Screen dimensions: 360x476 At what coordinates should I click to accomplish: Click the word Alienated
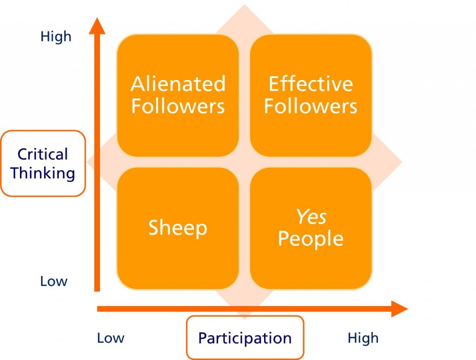pyautogui.click(x=178, y=84)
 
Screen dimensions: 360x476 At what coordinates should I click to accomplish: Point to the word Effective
pyautogui.click(x=311, y=84)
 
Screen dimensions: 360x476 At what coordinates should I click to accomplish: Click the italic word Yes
pyautogui.click(x=311, y=217)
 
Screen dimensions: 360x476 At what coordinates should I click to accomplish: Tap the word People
pyautogui.click(x=311, y=239)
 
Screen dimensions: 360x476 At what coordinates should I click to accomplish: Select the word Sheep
pyautogui.click(x=178, y=228)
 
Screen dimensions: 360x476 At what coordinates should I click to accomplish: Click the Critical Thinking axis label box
pyautogui.click(x=43, y=163)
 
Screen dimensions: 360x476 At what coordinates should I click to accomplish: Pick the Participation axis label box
pyautogui.click(x=245, y=338)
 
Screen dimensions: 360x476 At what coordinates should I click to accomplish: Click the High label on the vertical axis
pyautogui.click(x=56, y=36)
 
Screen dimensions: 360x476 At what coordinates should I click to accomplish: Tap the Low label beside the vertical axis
pyautogui.click(x=53, y=281)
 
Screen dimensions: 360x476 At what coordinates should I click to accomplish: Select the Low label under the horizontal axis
pyautogui.click(x=110, y=338)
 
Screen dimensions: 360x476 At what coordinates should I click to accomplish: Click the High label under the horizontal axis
pyautogui.click(x=363, y=338)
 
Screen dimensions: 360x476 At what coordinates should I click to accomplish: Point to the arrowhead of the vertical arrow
pyautogui.click(x=97, y=26)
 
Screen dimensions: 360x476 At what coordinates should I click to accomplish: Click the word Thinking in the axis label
pyautogui.click(x=43, y=173)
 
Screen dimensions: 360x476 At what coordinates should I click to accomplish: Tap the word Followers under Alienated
pyautogui.click(x=178, y=106)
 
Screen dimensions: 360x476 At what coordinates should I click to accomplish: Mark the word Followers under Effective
pyautogui.click(x=311, y=106)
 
